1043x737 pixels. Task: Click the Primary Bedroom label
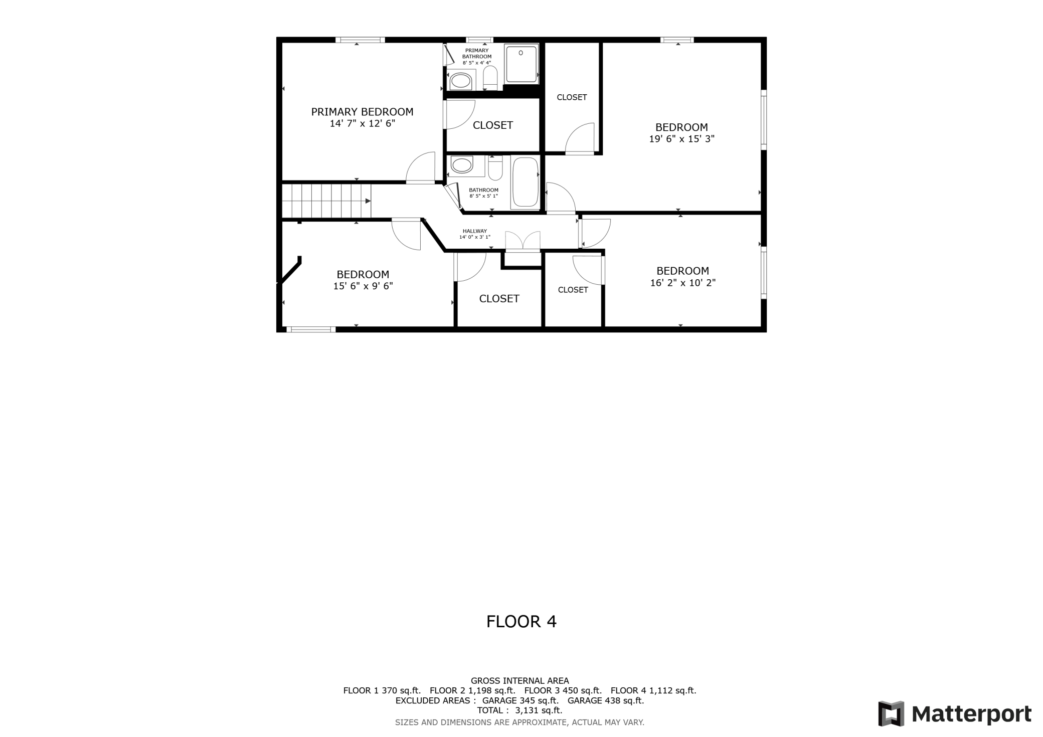pos(362,112)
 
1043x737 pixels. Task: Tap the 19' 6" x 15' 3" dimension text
pos(681,139)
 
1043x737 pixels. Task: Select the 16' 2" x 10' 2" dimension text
pos(682,283)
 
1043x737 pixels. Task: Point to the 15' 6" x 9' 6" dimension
pos(363,286)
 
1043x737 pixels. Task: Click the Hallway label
pos(474,231)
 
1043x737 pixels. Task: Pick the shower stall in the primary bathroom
pos(521,64)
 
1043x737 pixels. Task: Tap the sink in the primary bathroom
pos(461,80)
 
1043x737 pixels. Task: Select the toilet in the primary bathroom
pos(490,78)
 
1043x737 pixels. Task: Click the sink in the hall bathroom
pos(461,164)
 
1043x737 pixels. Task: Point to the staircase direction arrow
pos(368,201)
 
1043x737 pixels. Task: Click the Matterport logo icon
pos(891,713)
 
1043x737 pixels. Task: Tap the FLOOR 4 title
pos(521,622)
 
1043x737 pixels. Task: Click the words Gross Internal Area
pos(519,681)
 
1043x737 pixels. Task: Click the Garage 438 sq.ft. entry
pos(605,700)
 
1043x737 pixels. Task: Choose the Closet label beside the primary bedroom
pos(493,125)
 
